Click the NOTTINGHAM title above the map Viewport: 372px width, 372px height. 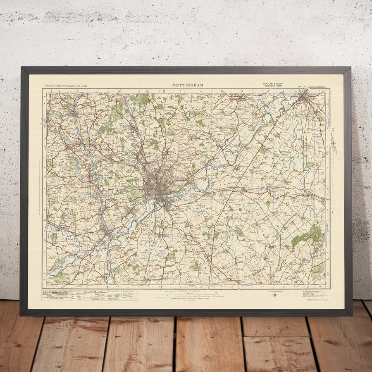tap(187, 85)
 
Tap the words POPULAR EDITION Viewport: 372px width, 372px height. tap(273, 84)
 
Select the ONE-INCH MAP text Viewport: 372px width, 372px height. tap(273, 86)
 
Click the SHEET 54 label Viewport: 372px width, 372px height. tap(303, 87)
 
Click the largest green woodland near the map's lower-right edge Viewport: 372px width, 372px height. tap(308, 237)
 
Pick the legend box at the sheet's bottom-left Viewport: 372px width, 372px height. tap(89, 295)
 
